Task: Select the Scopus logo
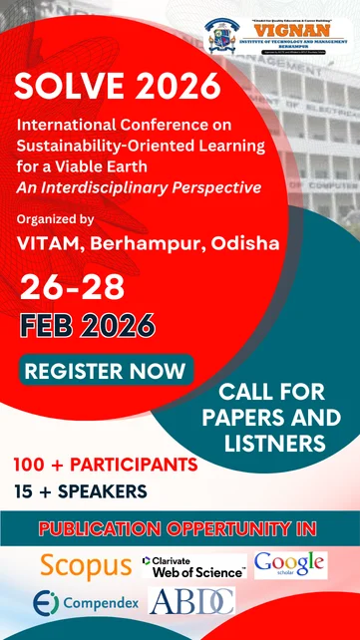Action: (x=86, y=565)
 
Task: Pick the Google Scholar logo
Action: (x=290, y=564)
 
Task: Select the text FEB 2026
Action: (x=87, y=326)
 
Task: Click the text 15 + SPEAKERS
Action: (x=81, y=489)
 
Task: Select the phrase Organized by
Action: (x=56, y=218)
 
